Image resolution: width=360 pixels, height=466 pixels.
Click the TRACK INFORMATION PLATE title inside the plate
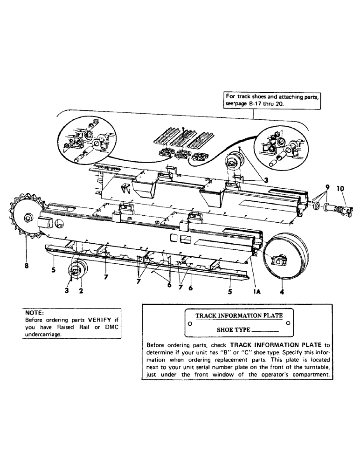pyautogui.click(x=239, y=315)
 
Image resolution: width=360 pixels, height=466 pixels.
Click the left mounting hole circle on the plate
pyautogui.click(x=189, y=322)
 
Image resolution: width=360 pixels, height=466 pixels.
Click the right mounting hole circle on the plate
pyautogui.click(x=289, y=322)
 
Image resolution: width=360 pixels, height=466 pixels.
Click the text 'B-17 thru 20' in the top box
pyautogui.click(x=273, y=105)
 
